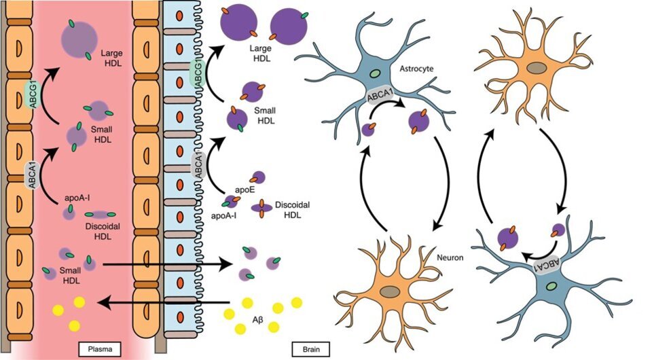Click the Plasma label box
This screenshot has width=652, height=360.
101,349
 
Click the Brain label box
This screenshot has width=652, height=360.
312,349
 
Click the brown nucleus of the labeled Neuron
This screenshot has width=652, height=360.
390,291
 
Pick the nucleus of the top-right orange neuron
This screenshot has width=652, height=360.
536,68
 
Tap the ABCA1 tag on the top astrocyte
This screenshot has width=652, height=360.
382,96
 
